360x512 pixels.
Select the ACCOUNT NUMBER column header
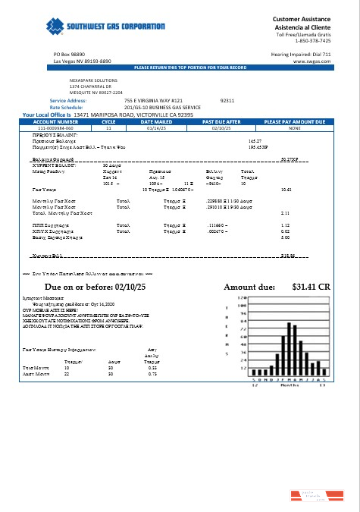point(55,121)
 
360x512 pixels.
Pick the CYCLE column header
point(108,121)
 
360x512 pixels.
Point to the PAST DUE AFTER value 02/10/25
point(222,128)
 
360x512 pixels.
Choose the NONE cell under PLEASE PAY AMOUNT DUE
point(295,128)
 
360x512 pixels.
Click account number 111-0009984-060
point(56,128)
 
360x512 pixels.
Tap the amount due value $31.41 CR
point(311,287)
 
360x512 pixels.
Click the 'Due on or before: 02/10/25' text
point(89,287)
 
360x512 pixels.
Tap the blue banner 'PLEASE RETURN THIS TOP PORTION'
point(190,68)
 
